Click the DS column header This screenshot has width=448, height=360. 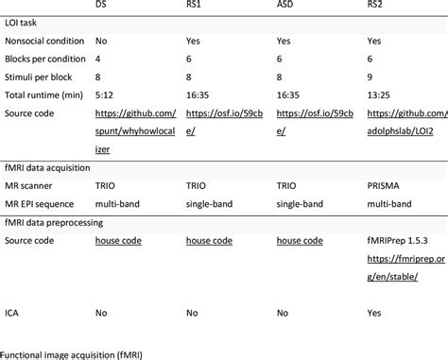pyautogui.click(x=101, y=6)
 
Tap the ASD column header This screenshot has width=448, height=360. pyautogui.click(x=285, y=6)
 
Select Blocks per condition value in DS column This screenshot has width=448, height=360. pyautogui.click(x=97, y=60)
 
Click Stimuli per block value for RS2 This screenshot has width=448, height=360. pyautogui.click(x=370, y=77)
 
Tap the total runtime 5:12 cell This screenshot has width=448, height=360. pyautogui.click(x=103, y=95)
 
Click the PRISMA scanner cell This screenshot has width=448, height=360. pyautogui.click(x=385, y=185)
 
